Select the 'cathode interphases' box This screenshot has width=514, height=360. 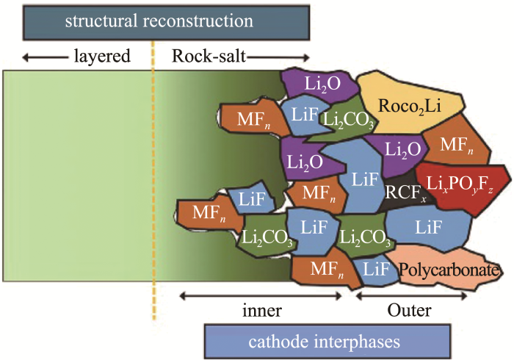tap(322, 341)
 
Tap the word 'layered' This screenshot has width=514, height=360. tap(102, 56)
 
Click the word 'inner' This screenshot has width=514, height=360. tap(261, 309)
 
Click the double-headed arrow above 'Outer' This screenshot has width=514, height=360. tap(411, 295)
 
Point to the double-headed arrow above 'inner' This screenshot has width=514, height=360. tap(261, 295)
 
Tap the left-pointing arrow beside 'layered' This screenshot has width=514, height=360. tap(40, 56)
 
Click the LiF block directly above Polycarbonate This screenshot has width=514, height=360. tap(426, 226)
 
